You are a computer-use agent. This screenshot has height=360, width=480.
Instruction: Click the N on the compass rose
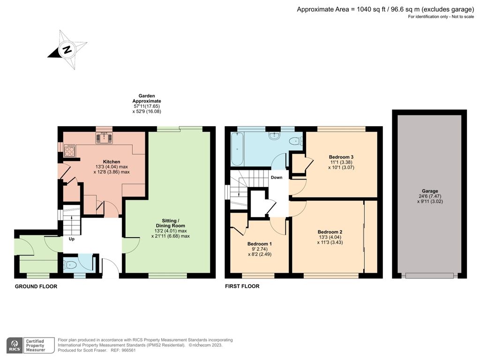[67, 49]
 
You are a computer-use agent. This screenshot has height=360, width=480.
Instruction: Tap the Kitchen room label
[112, 162]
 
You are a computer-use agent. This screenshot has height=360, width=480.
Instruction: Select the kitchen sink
[105, 138]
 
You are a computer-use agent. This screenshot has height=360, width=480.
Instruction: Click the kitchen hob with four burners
[69, 150]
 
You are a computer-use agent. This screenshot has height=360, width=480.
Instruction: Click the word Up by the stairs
[72, 239]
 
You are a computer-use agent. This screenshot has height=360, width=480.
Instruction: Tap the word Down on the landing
[277, 177]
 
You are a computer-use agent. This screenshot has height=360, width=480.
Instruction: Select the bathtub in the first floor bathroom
[237, 149]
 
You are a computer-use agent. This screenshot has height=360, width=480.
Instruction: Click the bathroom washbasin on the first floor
[274, 136]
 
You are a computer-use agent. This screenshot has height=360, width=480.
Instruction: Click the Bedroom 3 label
[341, 157]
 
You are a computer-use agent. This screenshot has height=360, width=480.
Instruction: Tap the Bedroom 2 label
[330, 232]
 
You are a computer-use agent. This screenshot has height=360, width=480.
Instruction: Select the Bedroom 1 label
[260, 244]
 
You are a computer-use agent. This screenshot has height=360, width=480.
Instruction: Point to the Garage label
[430, 191]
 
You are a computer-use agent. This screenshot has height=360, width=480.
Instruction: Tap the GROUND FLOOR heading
[36, 286]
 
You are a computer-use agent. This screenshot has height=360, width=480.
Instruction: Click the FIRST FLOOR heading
[242, 286]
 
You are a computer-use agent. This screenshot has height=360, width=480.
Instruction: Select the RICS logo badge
[15, 345]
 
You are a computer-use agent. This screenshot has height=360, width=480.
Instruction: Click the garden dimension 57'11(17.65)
[147, 106]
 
